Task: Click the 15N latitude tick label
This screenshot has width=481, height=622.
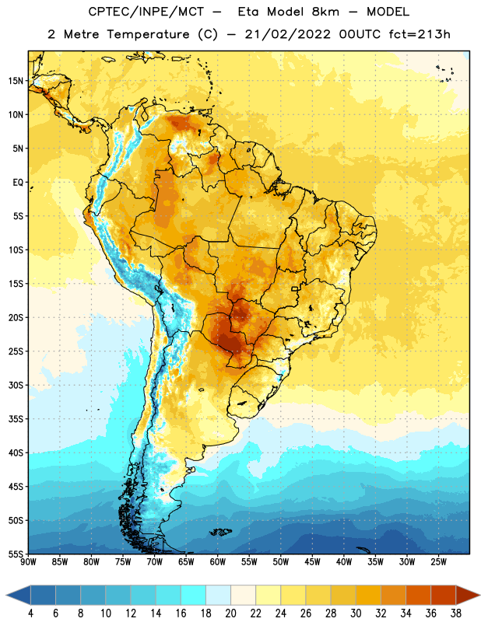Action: pos(16,81)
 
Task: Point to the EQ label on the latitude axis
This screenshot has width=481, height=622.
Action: pos(18,183)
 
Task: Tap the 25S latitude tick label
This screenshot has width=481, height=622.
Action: pos(16,351)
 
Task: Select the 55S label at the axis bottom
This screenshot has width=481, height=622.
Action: pos(16,554)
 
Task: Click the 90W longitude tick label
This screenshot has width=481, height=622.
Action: pos(28,562)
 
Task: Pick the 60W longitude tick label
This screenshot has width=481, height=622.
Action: pos(218,562)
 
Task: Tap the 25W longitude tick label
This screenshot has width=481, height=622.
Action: pos(438,562)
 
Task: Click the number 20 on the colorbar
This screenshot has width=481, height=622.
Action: pos(230,613)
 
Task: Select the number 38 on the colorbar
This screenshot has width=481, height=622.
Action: pos(456,613)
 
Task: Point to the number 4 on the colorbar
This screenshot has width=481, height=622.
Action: pos(30,613)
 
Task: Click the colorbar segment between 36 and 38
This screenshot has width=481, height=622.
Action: pos(444,595)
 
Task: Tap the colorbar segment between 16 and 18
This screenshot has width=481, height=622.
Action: pos(194,595)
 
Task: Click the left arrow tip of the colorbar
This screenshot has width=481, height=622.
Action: pos(6,595)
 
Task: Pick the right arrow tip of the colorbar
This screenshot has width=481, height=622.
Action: pos(479,595)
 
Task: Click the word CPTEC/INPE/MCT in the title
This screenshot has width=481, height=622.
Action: pos(146,12)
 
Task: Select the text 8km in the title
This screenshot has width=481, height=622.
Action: pos(325,12)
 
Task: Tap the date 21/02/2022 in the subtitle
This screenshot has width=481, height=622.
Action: pos(287,34)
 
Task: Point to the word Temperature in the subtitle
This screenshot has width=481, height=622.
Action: pos(148,35)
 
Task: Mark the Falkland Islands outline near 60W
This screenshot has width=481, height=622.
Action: pos(220,532)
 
